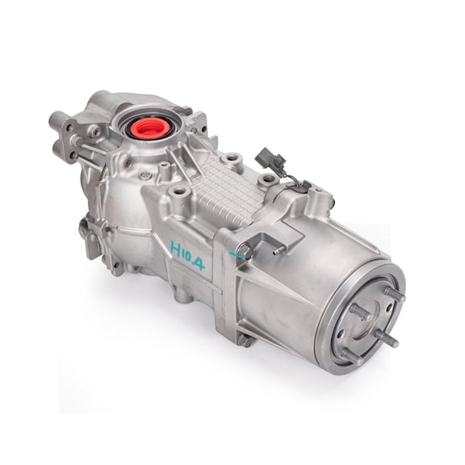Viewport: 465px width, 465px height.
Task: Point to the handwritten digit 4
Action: pos(199,262)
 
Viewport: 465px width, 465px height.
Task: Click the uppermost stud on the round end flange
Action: pos(394,295)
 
